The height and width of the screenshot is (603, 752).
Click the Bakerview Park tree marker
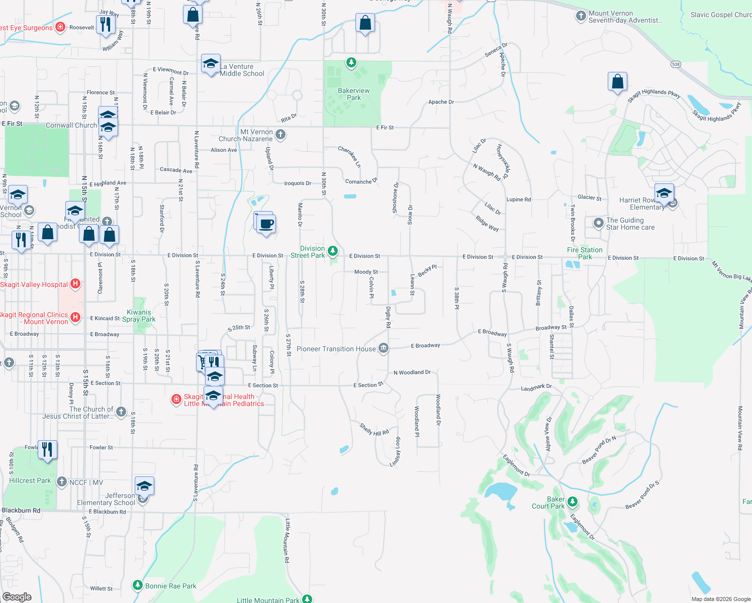pos(351,63)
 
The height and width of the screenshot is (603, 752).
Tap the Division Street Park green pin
pos(332,251)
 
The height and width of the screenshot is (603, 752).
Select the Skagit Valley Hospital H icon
pos(75,284)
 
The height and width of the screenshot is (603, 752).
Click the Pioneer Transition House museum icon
pos(384,349)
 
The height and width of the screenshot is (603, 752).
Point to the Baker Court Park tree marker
pos(572,502)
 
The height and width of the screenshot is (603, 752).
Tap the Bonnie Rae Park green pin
pos(137,585)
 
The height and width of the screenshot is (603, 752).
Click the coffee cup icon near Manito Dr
pos(266,224)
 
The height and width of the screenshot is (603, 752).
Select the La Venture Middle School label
pos(242,70)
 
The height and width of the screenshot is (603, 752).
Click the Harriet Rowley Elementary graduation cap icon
pos(664,193)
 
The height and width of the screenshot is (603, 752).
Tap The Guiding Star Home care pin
pos(598,223)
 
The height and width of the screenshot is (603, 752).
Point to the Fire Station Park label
pos(585,253)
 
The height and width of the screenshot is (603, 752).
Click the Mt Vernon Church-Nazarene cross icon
pos(280,134)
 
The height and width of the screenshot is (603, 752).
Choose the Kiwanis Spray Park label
pos(139,316)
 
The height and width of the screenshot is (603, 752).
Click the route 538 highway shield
pos(676,64)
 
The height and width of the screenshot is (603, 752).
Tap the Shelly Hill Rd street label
pos(374,429)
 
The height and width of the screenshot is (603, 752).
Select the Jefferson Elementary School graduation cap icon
pos(144,486)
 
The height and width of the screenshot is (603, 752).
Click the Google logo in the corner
pos(17,596)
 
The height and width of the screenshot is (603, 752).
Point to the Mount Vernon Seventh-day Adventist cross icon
pos(581,16)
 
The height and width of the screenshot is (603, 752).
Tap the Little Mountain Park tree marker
pos(307,598)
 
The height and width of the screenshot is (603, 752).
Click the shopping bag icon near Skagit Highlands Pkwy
pos(617,81)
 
